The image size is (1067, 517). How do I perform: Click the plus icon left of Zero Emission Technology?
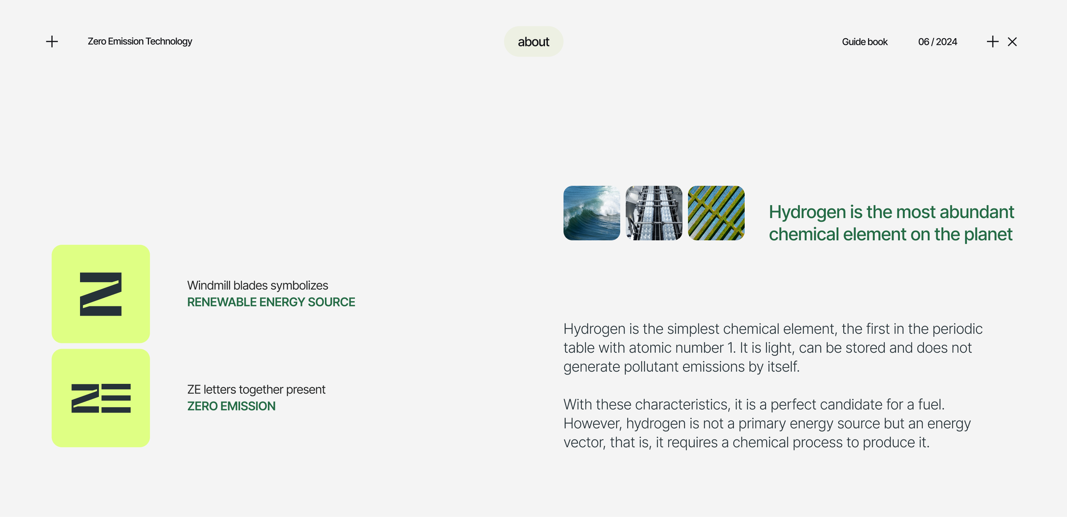click(x=52, y=42)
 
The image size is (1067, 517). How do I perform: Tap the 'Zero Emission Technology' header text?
click(x=140, y=42)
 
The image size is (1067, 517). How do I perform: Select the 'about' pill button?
click(x=533, y=42)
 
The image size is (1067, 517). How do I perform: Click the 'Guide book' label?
click(x=864, y=42)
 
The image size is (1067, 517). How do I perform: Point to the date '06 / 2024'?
click(x=937, y=42)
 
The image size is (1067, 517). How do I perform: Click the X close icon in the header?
click(x=1012, y=42)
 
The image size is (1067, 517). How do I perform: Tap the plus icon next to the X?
click(x=993, y=42)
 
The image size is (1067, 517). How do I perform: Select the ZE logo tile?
click(x=101, y=398)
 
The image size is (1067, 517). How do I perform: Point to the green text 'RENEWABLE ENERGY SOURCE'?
click(x=271, y=302)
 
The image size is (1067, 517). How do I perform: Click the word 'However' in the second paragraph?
click(x=592, y=424)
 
